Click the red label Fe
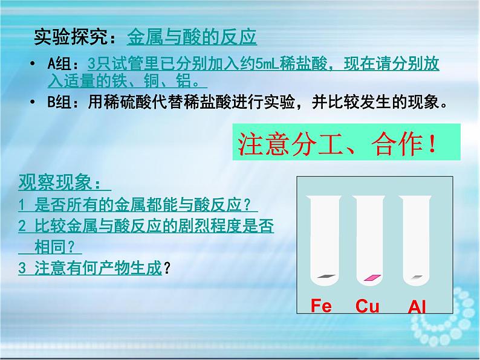click(321, 306)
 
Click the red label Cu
click(367, 306)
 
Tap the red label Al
click(417, 307)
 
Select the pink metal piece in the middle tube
click(372, 277)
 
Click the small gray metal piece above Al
click(417, 277)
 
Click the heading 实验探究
click(71, 37)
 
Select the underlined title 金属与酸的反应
click(192, 37)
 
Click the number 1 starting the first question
click(21, 205)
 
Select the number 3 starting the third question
click(21, 269)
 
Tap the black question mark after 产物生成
click(167, 269)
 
